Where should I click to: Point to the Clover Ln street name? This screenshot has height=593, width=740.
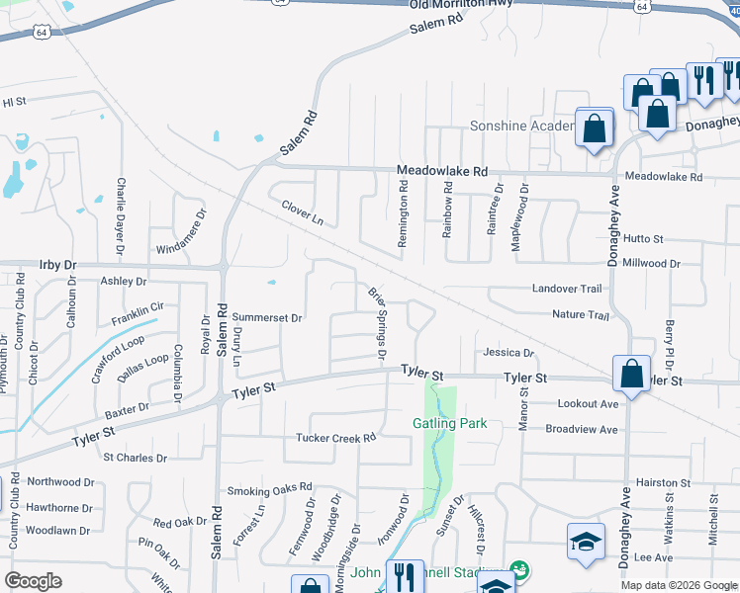(x=303, y=212)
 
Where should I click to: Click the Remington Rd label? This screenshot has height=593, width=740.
(x=404, y=218)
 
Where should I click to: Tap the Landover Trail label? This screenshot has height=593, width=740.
(x=567, y=289)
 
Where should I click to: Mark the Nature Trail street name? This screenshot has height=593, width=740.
(x=580, y=314)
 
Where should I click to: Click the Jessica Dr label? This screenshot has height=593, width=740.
(x=509, y=353)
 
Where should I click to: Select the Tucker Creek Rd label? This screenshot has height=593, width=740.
(x=336, y=438)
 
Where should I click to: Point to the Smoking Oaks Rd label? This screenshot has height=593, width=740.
(x=269, y=489)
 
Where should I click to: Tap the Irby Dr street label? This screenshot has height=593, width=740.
(x=57, y=265)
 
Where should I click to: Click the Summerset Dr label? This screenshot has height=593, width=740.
(x=266, y=317)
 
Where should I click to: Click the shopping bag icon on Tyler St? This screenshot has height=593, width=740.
(x=631, y=375)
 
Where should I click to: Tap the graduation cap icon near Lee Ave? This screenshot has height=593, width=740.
(x=586, y=542)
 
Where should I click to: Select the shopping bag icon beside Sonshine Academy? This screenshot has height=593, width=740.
(x=594, y=129)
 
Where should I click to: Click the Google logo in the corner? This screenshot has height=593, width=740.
(x=34, y=581)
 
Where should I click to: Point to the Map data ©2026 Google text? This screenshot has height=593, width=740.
(x=678, y=585)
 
